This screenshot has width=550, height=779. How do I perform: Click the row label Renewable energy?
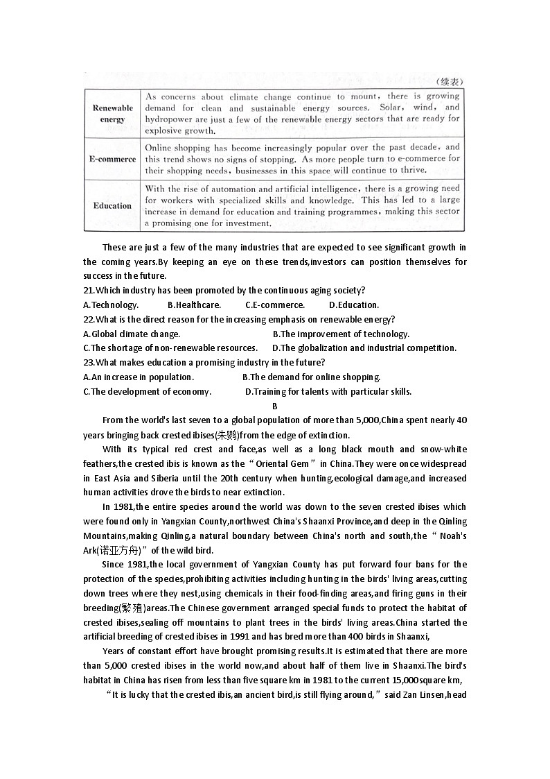tap(112, 113)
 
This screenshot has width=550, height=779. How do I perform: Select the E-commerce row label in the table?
tap(112, 159)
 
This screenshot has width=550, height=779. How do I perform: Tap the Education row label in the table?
tap(112, 205)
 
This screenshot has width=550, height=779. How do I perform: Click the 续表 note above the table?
tap(447, 81)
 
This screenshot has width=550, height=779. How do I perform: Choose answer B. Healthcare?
tap(195, 305)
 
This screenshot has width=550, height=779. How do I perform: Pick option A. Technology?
tap(111, 305)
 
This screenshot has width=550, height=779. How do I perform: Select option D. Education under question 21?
tap(354, 305)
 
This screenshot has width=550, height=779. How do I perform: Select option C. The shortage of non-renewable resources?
tap(170, 348)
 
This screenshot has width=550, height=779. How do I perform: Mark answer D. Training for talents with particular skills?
tap(328, 392)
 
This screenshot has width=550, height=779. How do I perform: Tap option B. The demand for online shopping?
tap(312, 377)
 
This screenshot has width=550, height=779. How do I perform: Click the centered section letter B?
tap(275, 406)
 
